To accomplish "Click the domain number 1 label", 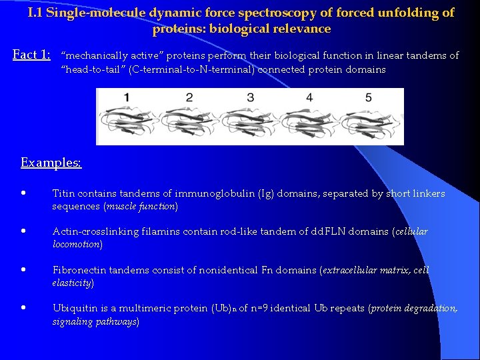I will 127,97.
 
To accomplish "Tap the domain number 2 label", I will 189,97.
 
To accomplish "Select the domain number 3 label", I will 250,97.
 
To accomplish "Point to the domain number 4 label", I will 309,97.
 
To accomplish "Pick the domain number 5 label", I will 368,97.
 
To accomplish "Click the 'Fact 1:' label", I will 32,55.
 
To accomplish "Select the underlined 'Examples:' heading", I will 51,163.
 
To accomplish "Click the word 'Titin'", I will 63,193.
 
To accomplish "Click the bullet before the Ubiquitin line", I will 23,309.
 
